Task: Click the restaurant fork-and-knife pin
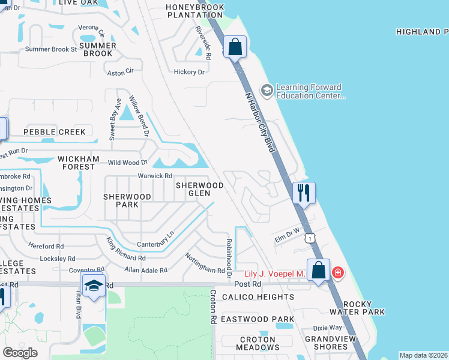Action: [x=304, y=193]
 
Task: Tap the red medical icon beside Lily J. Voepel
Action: [x=338, y=273]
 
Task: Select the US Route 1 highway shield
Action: [x=310, y=238]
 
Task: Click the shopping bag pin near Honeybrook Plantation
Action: [x=235, y=47]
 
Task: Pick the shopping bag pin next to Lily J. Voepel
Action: [x=319, y=270]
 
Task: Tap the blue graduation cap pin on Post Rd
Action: [x=93, y=286]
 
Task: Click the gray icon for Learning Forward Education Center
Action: [x=267, y=91]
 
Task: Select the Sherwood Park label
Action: [x=127, y=200]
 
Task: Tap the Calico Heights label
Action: [x=258, y=297]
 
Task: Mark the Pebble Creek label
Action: [x=55, y=131]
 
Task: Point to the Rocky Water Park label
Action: [x=357, y=307]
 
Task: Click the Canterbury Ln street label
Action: [x=155, y=239]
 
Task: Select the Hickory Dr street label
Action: [x=189, y=72]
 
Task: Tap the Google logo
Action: [x=20, y=353]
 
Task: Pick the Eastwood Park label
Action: [x=258, y=319]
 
